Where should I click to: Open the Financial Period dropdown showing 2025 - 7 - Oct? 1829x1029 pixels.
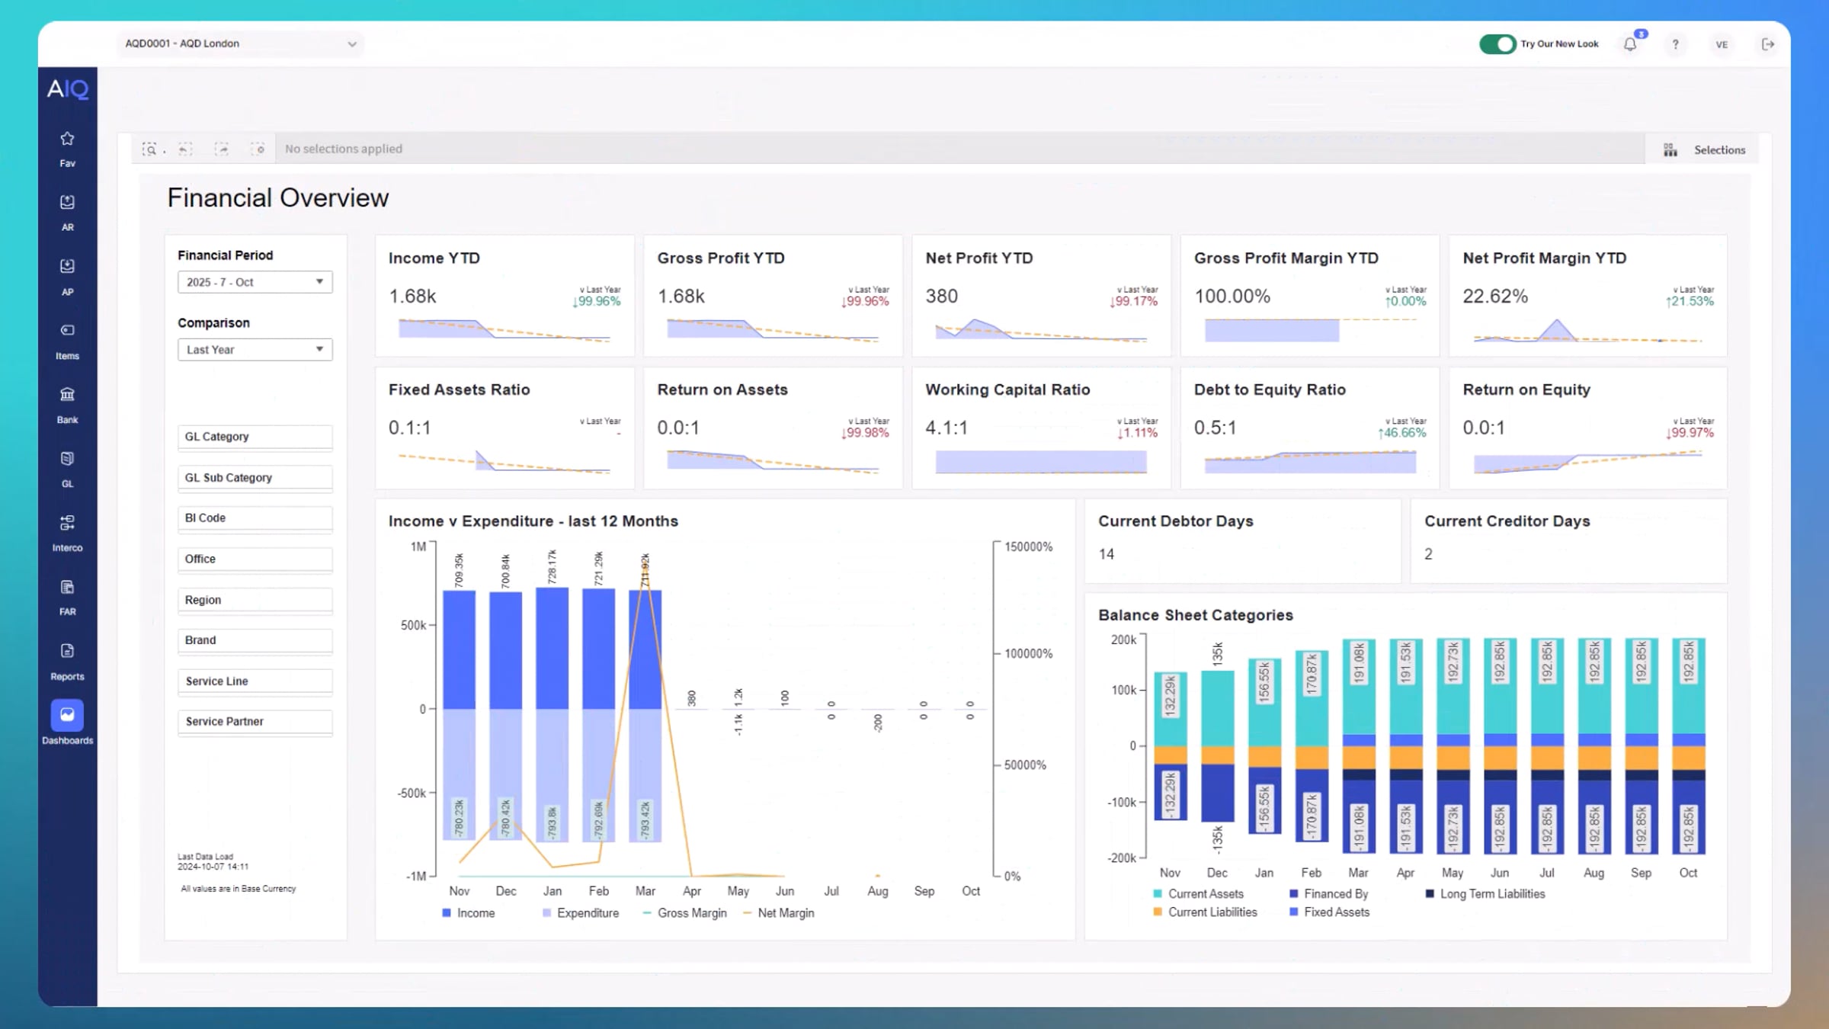point(255,282)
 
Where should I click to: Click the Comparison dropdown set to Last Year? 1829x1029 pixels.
point(255,350)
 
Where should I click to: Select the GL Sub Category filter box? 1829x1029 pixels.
point(255,478)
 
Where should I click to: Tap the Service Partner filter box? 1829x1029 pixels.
point(255,722)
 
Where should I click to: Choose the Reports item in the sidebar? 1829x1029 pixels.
point(67,660)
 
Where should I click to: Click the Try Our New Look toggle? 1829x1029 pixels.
point(1497,44)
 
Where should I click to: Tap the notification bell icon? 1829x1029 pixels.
point(1630,44)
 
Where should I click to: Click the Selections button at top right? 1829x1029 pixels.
point(1707,150)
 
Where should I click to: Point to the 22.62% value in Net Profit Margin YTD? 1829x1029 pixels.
point(1494,297)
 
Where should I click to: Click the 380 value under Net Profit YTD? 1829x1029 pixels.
point(941,297)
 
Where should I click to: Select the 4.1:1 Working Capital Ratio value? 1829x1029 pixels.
point(946,428)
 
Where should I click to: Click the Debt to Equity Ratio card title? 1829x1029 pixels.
point(1269,390)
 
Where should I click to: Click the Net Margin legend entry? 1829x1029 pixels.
point(785,913)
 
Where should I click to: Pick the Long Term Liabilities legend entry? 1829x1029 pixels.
point(1491,894)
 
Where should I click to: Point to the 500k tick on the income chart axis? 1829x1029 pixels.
point(413,626)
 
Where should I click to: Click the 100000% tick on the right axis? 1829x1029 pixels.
point(1027,654)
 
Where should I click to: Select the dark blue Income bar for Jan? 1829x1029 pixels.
point(552,648)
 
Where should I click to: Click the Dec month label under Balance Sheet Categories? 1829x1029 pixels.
point(1217,873)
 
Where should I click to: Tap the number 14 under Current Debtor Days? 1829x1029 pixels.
point(1106,555)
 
